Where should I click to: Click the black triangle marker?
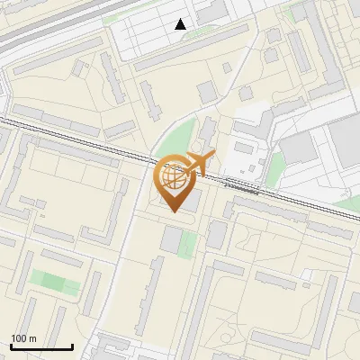181,24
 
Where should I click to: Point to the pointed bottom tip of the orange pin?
175,212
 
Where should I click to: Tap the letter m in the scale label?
32,338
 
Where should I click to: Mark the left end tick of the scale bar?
11,346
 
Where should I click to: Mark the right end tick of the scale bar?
72,346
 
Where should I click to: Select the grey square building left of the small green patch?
171,240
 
